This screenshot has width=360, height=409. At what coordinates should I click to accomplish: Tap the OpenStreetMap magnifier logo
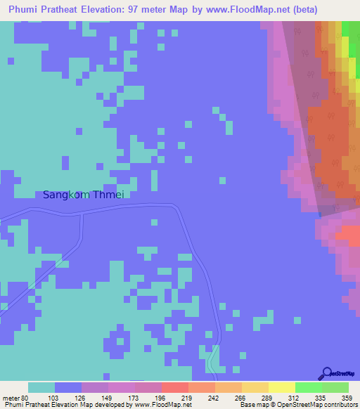click(x=327, y=373)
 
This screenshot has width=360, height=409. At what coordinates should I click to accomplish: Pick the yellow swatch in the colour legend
click(x=281, y=387)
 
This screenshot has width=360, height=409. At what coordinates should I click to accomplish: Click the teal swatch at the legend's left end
click(x=41, y=387)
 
